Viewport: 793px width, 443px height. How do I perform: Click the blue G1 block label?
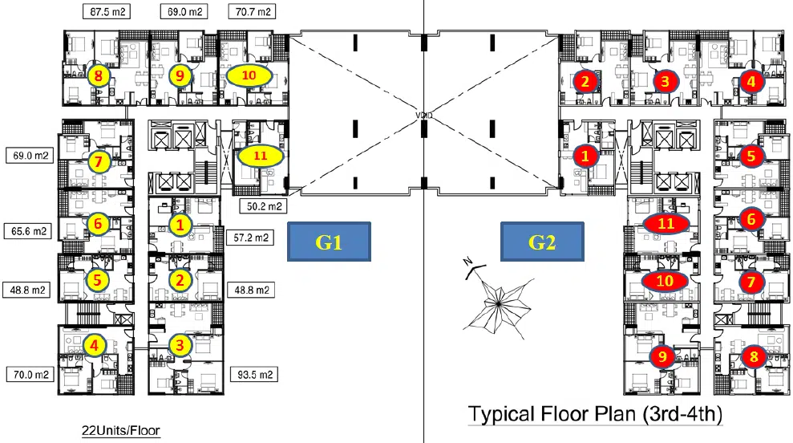tap(329, 242)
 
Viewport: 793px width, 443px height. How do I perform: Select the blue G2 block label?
tap(542, 242)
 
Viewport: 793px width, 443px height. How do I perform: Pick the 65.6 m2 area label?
tap(28, 231)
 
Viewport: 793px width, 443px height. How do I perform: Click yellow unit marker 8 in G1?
tap(99, 77)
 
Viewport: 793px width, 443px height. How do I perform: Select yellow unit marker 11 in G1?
tap(260, 156)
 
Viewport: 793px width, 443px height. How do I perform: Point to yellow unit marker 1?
tap(181, 225)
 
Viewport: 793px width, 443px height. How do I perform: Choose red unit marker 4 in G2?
tap(751, 81)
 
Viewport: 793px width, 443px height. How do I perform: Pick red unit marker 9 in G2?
tap(662, 356)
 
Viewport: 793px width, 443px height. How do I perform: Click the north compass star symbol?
tap(499, 301)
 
